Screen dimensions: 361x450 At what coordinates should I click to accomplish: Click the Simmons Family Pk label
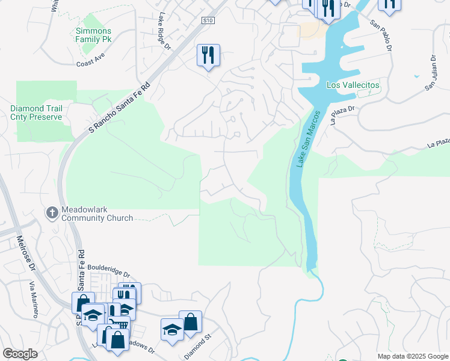pyautogui.click(x=93, y=35)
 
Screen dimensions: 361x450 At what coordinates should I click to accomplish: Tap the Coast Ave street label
pyautogui.click(x=90, y=63)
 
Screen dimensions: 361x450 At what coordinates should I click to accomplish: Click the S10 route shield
pyautogui.click(x=208, y=20)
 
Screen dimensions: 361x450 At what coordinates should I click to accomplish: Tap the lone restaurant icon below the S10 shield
pyautogui.click(x=208, y=55)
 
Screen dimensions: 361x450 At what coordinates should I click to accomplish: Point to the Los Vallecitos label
pyautogui.click(x=353, y=85)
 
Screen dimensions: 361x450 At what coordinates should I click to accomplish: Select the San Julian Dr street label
pyautogui.click(x=431, y=73)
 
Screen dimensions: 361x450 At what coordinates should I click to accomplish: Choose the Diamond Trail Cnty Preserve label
pyautogui.click(x=36, y=113)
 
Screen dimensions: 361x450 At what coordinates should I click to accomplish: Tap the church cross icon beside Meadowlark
pyautogui.click(x=52, y=212)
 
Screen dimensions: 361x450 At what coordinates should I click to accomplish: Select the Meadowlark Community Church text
pyautogui.click(x=96, y=214)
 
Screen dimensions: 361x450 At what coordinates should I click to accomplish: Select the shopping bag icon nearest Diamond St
pyautogui.click(x=190, y=322)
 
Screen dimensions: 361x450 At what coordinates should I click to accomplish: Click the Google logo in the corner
pyautogui.click(x=20, y=354)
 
